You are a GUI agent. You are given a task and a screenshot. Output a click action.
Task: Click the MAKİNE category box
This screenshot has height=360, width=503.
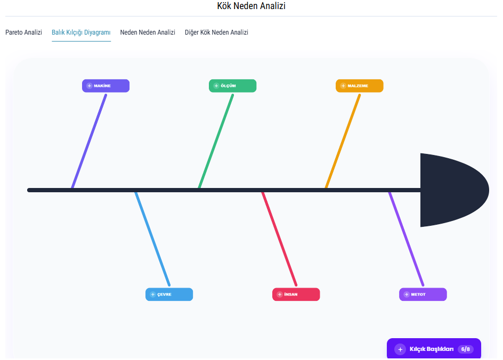106,86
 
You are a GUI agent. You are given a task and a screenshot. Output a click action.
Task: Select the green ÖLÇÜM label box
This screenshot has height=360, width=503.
232,86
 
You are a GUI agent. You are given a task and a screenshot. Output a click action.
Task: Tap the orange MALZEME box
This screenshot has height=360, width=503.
359,86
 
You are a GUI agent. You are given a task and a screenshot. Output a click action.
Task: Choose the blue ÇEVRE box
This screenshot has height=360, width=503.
169,294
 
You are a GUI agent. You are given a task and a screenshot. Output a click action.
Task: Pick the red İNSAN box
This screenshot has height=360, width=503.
296,294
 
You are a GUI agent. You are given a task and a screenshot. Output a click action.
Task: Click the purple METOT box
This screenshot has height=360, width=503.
423,294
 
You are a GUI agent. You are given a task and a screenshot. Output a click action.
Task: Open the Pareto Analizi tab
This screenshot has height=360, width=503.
24,32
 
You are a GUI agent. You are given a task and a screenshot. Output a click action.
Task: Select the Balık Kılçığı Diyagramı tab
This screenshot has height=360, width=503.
81,32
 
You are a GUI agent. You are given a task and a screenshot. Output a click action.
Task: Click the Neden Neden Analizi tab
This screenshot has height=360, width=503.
148,32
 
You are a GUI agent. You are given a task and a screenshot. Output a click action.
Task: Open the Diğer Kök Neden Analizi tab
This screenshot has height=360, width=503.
216,32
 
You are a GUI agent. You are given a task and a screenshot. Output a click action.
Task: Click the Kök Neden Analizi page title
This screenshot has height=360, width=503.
251,6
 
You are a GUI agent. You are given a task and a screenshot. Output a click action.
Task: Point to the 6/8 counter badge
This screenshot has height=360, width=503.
466,349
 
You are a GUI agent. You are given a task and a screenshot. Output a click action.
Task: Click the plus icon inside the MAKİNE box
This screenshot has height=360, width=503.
90,86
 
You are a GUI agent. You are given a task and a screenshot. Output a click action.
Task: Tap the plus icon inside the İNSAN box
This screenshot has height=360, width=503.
280,294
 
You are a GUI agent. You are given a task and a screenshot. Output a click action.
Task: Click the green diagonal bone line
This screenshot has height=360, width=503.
216,141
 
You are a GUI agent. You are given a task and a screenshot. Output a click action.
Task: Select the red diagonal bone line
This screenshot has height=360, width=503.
279,238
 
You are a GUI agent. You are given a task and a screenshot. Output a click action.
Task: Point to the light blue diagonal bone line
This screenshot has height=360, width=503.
152,238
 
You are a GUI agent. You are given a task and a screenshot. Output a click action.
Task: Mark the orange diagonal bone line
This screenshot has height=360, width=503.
343,141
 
